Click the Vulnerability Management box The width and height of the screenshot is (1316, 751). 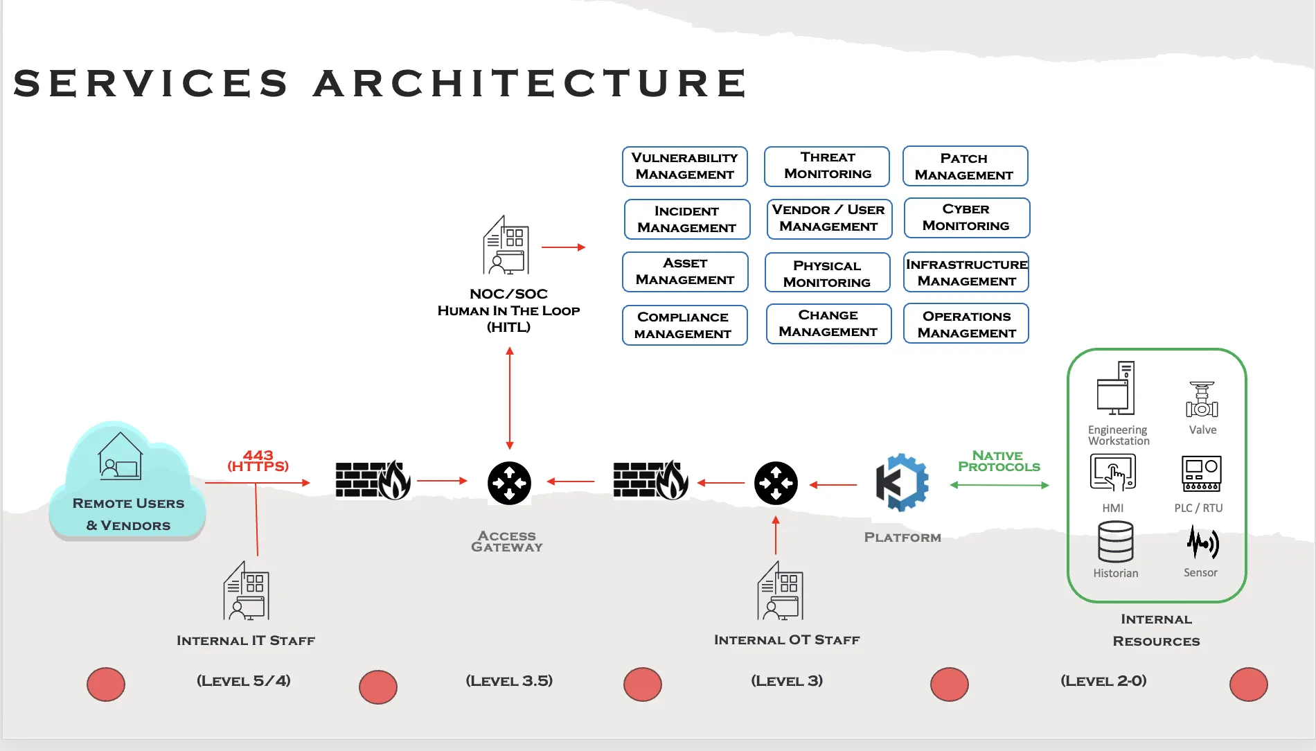click(684, 166)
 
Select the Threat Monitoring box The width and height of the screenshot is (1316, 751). click(827, 166)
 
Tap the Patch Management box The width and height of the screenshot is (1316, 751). click(964, 166)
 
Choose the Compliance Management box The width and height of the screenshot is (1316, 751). click(684, 325)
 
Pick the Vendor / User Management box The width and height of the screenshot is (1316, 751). click(828, 218)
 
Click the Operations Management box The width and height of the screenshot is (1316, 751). click(966, 324)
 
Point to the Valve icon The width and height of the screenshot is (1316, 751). click(1202, 400)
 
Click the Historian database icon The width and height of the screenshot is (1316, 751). click(1115, 542)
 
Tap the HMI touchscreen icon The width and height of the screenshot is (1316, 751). click(1112, 472)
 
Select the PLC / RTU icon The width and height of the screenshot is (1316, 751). click(1201, 472)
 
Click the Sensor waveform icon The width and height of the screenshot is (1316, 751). click(1202, 542)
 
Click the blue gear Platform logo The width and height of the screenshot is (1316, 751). click(902, 483)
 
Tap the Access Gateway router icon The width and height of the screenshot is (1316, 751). click(509, 483)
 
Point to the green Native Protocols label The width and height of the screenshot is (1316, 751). click(999, 461)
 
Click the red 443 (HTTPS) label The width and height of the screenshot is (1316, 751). click(258, 461)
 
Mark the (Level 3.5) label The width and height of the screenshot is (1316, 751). click(509, 680)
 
